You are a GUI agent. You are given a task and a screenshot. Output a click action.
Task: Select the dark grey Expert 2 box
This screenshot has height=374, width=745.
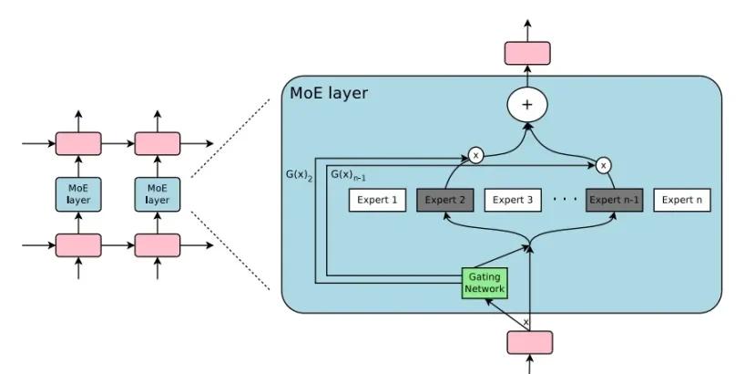445,201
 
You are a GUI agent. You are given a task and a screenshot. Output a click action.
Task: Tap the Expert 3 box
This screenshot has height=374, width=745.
513,201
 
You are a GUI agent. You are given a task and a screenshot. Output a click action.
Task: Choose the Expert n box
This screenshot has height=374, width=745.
681,201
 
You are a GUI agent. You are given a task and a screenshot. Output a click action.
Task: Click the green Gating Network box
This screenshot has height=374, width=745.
485,282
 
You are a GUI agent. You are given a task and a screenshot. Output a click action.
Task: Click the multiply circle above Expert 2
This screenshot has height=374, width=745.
475,156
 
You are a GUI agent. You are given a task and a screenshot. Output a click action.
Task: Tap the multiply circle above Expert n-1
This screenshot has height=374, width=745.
604,166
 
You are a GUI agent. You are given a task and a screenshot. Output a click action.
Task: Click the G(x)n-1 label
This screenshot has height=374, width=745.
347,174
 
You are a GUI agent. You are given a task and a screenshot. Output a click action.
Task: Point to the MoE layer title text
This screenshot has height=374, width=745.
329,93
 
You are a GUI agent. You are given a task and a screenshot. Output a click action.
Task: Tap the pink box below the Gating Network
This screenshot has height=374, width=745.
529,342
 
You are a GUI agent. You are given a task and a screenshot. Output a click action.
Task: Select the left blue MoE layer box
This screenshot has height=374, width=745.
78,194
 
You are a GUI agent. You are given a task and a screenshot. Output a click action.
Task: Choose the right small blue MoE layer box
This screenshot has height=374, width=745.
158,194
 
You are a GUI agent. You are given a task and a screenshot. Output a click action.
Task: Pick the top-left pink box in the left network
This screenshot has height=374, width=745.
78,143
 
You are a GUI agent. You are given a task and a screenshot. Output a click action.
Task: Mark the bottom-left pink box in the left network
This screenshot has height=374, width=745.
78,245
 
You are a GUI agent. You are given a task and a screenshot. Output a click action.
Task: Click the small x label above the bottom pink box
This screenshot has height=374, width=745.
526,322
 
